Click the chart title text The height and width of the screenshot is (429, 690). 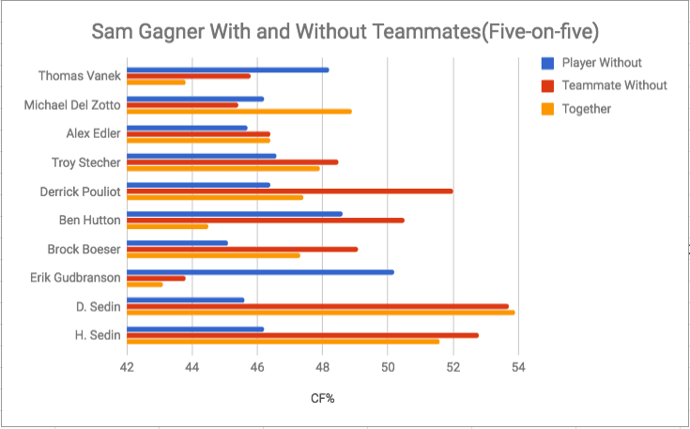pos(345,31)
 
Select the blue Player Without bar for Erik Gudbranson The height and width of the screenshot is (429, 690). pos(260,271)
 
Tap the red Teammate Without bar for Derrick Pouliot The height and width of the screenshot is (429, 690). pos(289,191)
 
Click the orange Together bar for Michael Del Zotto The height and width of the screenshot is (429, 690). pos(238,111)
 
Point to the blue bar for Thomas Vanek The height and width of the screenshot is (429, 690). pos(227,69)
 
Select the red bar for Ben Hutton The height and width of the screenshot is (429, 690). pos(265,220)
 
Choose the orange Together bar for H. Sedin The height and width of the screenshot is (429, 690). pos(283,341)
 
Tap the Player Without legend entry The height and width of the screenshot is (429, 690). pos(602,63)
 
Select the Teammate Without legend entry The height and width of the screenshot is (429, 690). pos(614,85)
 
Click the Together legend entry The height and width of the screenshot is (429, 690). pos(586,109)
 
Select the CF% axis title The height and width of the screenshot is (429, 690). pos(323,399)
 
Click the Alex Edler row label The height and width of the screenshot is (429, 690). pos(93,133)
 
